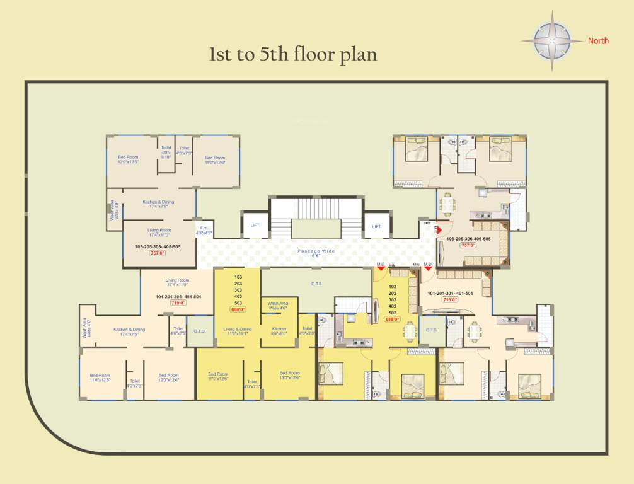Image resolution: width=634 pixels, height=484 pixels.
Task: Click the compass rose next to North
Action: point(552,41)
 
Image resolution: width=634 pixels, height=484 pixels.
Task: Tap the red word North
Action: point(598,41)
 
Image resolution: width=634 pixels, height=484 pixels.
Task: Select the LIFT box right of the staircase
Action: point(376,226)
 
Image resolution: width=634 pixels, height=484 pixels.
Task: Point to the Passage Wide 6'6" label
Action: point(316,253)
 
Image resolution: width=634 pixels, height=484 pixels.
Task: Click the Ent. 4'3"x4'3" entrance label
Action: point(204,231)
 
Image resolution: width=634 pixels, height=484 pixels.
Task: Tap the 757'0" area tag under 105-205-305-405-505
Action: point(157,253)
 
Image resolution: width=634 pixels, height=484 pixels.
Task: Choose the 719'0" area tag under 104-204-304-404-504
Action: point(178,303)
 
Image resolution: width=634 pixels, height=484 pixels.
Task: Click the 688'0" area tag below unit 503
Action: point(238,309)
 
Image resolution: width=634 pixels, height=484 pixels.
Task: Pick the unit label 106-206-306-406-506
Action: point(468,239)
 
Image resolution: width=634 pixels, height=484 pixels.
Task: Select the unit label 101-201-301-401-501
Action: point(450,293)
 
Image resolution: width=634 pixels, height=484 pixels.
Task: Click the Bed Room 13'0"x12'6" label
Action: point(290,376)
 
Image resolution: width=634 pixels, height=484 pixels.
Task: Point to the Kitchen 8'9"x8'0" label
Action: point(279,331)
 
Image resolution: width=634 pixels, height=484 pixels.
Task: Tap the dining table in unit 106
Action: point(447,204)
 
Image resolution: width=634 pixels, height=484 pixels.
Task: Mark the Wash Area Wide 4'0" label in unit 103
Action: point(278,306)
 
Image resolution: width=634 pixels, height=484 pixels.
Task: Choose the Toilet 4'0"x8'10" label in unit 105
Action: point(166,152)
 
